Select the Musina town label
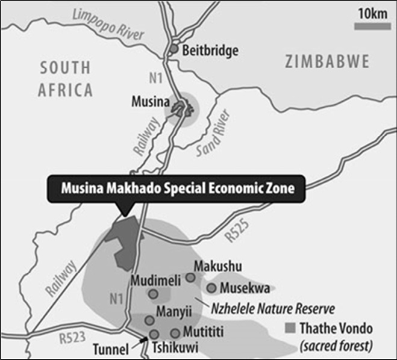point(148,103)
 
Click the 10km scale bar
point(369,26)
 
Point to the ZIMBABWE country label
point(327,61)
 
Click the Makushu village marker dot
point(190,278)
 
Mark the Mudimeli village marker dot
point(153,294)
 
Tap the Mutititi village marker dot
point(175,332)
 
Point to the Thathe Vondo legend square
point(290,329)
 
